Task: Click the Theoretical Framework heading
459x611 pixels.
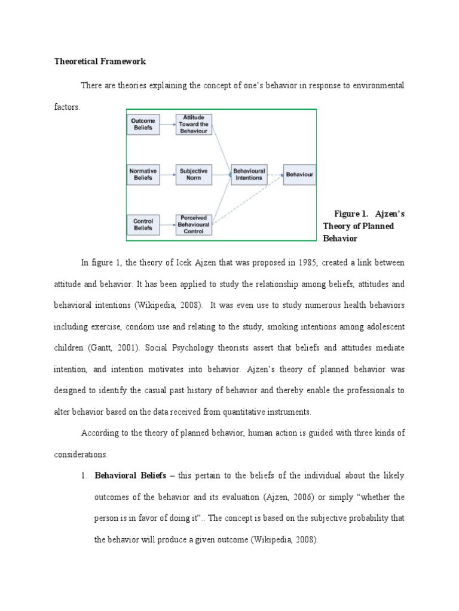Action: tap(100, 61)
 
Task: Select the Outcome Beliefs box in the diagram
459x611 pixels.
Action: tap(143, 125)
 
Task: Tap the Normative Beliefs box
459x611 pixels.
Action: tap(143, 174)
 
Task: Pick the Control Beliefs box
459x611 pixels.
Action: tap(143, 224)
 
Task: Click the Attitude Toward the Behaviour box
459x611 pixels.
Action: tap(194, 125)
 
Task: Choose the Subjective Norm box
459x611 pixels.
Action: tap(194, 174)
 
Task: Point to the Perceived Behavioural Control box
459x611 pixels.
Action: tap(194, 224)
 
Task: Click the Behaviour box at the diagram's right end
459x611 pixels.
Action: tap(299, 174)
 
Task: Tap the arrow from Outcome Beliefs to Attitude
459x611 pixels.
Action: tap(167, 125)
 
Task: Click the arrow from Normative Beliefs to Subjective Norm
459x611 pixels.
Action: tap(167, 174)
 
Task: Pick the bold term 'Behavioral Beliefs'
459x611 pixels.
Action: tap(126, 476)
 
